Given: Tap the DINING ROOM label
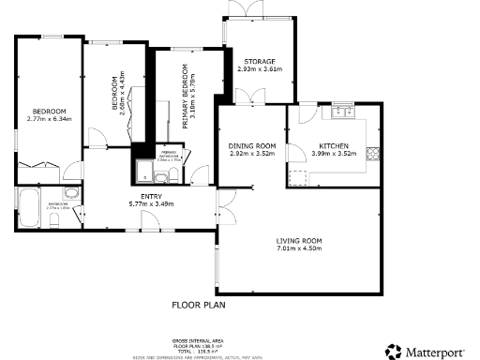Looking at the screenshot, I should coord(252,145).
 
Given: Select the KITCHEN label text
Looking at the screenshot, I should coord(334,146).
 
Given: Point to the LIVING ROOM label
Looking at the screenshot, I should coord(299,241).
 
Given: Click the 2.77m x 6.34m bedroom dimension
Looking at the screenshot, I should coord(44,119).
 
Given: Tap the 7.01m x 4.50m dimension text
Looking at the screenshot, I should coord(299,248).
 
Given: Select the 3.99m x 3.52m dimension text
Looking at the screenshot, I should coord(334,154).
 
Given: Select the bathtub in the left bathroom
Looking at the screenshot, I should coord(27,208).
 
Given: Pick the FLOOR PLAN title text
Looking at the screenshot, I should coord(199,305).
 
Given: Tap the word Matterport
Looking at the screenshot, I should coord(437,352).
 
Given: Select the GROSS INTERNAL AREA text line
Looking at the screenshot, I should coord(197,341).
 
